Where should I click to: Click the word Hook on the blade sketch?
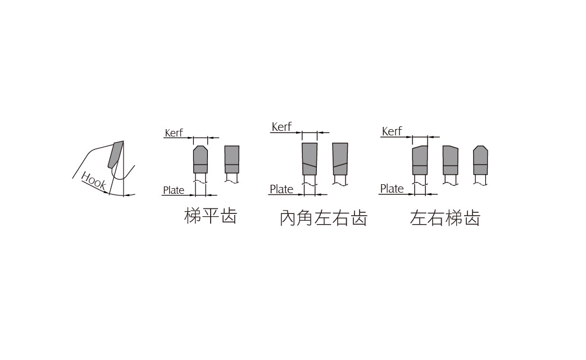coord(93,181)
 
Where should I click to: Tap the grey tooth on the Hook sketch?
coord(116,154)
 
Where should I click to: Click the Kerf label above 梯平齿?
coord(174,133)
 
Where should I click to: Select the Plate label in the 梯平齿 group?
coord(174,190)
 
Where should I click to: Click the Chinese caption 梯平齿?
coord(210,216)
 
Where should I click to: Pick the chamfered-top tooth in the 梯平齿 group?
coord(201,160)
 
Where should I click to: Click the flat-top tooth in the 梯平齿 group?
coord(231,160)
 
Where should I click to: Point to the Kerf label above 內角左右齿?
coord(281,127)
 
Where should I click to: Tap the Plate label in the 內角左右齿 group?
coord(281,189)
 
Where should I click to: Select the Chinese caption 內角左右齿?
coord(324,218)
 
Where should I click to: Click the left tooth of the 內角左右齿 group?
coord(310,159)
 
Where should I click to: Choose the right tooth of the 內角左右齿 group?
coord(340,159)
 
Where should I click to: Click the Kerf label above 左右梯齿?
coord(392,131)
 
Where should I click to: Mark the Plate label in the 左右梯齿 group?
coord(392,189)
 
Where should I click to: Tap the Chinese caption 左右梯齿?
coord(445,218)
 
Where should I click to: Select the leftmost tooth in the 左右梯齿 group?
coord(420,160)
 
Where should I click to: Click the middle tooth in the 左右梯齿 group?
coord(451,160)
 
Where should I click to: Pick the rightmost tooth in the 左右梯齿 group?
coord(480,160)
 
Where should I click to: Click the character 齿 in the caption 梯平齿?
coord(229,216)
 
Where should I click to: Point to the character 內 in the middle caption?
coord(288,218)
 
